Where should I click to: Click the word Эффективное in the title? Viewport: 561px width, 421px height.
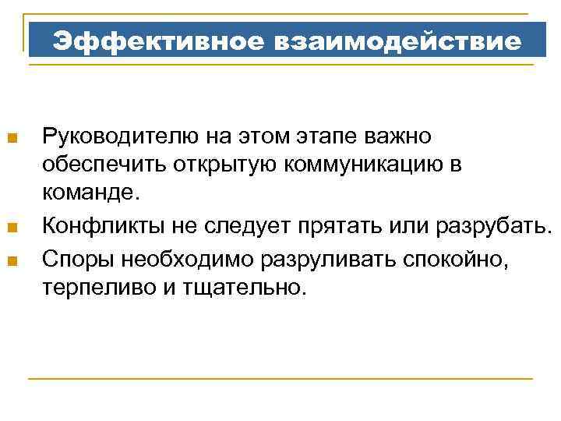point(160,41)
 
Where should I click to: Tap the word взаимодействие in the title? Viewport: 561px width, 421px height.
point(397,41)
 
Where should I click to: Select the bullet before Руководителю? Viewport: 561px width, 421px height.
point(12,140)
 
